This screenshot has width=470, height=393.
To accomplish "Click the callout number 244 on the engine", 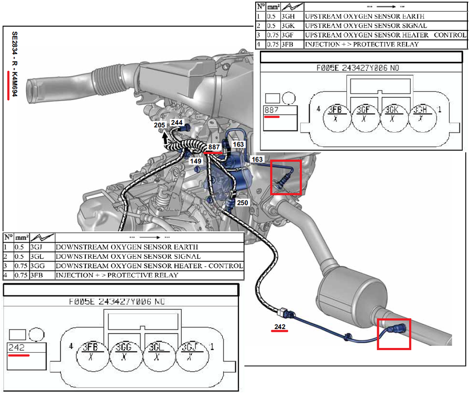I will coord(177,122).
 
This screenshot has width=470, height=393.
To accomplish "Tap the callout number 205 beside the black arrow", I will coord(160,126).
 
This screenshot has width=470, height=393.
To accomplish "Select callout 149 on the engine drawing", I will coord(196,161).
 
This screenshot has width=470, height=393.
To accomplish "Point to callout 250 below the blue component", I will coord(243,202).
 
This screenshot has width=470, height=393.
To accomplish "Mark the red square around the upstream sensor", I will coord(285,178).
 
